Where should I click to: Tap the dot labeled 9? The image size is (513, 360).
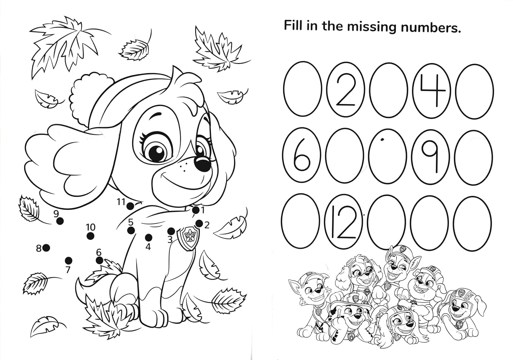[x=60, y=221]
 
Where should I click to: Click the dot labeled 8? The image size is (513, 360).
[x=46, y=248]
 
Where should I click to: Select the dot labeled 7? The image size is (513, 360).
[x=68, y=261]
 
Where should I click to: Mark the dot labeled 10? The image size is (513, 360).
[x=91, y=236]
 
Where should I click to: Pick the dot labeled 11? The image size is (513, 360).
[x=130, y=206]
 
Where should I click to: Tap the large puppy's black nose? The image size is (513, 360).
[x=202, y=164]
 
